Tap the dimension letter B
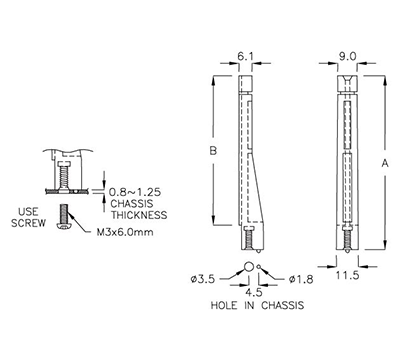click(207, 152)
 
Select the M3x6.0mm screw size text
click(124, 235)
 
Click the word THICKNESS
click(137, 213)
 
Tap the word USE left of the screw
click(31, 211)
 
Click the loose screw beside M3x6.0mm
click(67, 218)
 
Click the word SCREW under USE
click(31, 224)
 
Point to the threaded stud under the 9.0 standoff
click(345, 238)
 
